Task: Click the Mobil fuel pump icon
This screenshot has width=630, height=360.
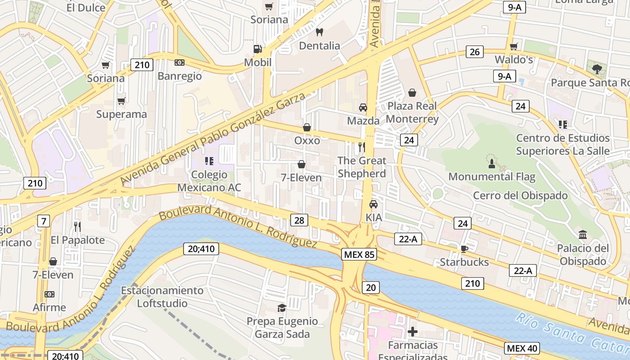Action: click(x=257, y=49)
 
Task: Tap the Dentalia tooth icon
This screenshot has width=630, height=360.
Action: click(x=319, y=32)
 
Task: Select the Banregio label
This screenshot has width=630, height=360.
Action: click(x=180, y=76)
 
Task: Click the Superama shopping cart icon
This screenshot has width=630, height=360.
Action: click(x=121, y=101)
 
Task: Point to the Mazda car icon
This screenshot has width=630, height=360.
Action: click(x=363, y=108)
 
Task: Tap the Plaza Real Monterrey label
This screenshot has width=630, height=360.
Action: click(x=412, y=112)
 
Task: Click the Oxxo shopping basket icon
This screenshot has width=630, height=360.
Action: click(x=307, y=127)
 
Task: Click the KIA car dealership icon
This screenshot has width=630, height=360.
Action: click(x=373, y=204)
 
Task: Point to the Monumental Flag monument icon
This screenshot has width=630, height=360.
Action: click(x=492, y=163)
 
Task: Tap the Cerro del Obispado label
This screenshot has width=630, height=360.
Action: click(x=520, y=196)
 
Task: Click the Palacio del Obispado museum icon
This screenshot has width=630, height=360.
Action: click(x=583, y=234)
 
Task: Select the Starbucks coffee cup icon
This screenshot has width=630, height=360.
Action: click(x=464, y=248)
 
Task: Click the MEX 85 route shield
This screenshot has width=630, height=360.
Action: click(x=359, y=254)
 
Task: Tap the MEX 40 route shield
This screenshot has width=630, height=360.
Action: click(x=522, y=348)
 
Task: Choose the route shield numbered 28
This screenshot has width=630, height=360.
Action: click(x=299, y=220)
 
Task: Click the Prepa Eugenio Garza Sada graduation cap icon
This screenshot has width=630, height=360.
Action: click(x=282, y=308)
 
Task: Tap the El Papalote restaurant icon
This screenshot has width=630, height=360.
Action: click(x=77, y=226)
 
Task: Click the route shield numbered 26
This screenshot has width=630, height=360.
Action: click(x=474, y=52)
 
